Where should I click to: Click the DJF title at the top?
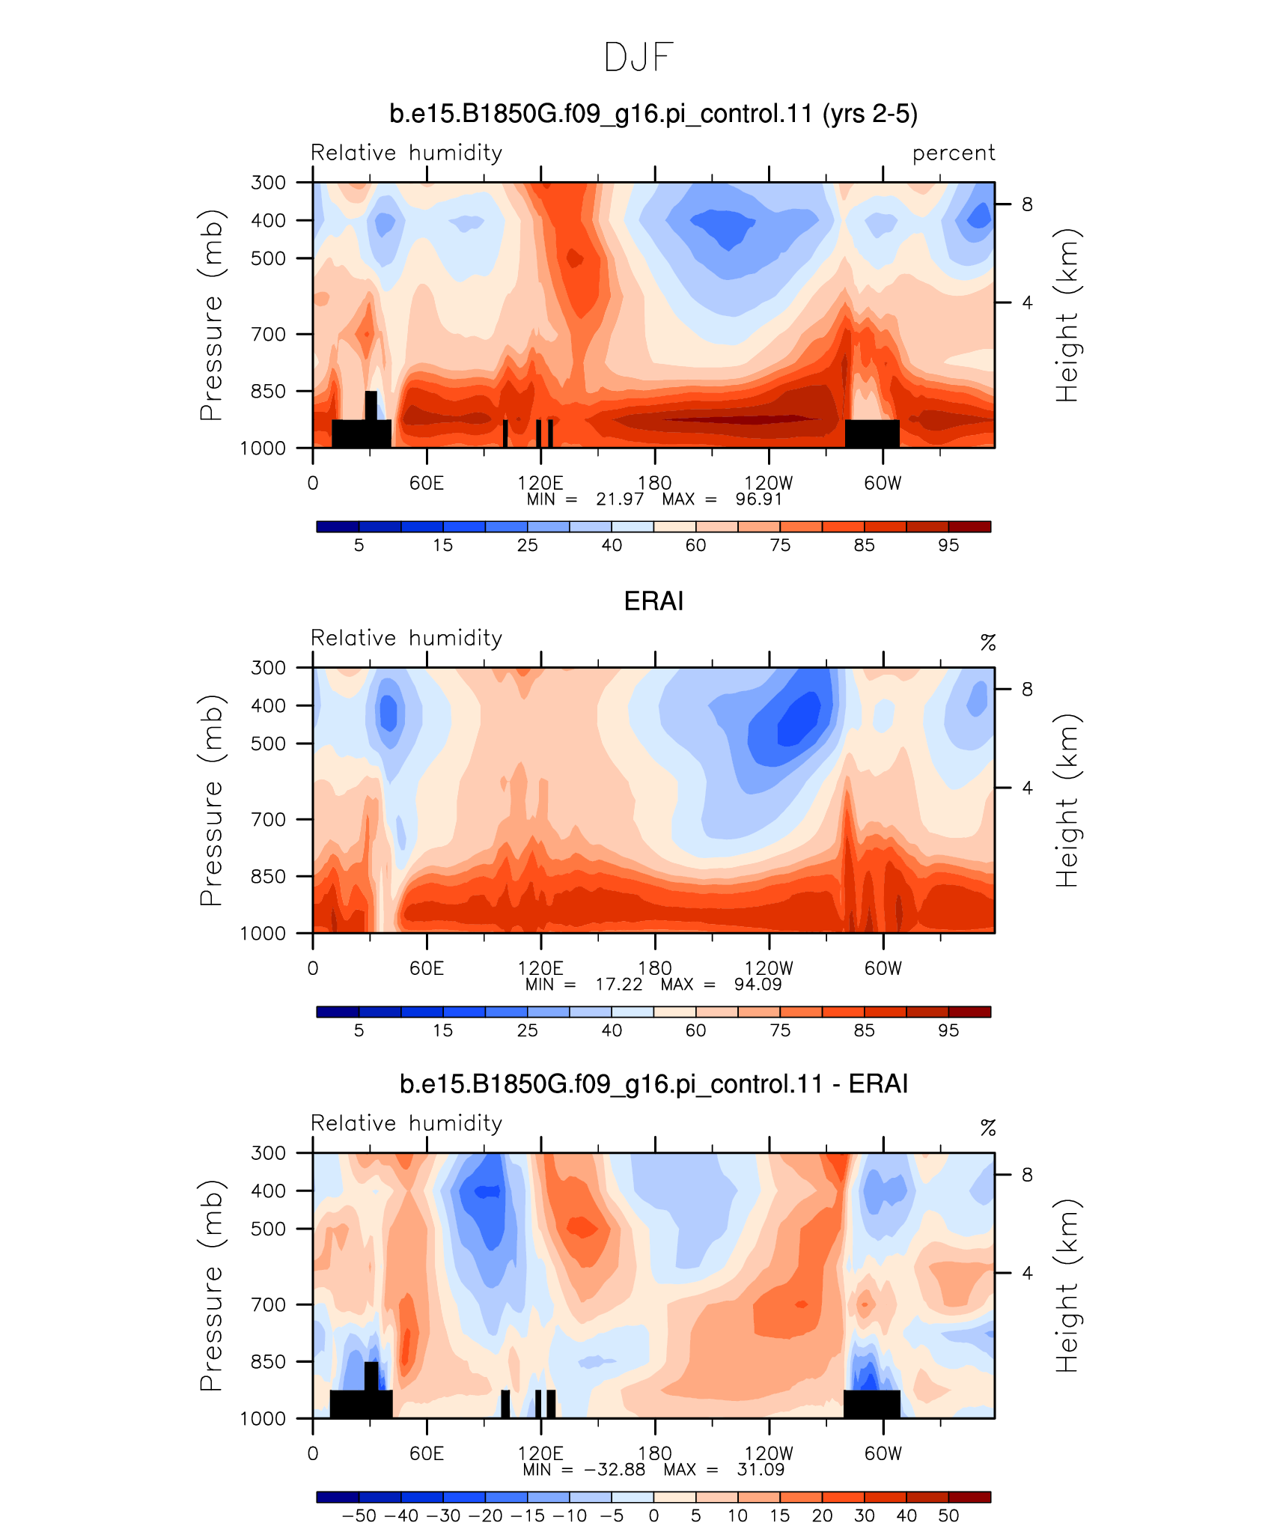(x=639, y=58)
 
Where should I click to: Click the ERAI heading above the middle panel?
(x=653, y=601)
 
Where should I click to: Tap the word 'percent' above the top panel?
(x=954, y=153)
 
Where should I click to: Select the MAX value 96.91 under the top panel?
(x=758, y=499)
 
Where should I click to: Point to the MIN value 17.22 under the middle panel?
(x=618, y=984)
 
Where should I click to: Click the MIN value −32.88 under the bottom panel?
(x=615, y=1469)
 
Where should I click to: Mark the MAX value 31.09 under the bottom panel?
(x=761, y=1469)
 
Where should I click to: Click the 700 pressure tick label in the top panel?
(x=269, y=334)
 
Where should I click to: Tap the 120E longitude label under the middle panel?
(x=540, y=968)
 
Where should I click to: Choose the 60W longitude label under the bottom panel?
(x=883, y=1453)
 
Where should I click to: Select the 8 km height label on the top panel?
(x=1027, y=204)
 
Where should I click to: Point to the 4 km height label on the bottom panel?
(x=1027, y=1273)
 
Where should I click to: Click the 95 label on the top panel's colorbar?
(x=948, y=545)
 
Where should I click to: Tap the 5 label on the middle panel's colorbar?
(x=359, y=1030)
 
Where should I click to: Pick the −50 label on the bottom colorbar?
(x=359, y=1516)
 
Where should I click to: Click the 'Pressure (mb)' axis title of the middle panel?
(x=212, y=800)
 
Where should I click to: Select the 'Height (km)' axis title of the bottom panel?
(x=1067, y=1285)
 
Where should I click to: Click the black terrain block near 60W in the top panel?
(x=872, y=434)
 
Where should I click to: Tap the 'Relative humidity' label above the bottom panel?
(x=406, y=1123)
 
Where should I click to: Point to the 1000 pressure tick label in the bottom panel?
(x=263, y=1418)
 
